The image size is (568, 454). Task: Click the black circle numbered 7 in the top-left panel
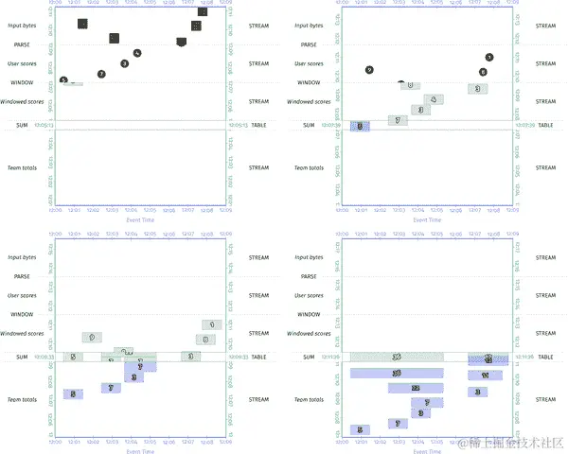(x=101, y=74)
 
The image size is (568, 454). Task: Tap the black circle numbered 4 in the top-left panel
(x=137, y=53)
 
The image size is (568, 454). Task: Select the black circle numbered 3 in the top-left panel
(x=125, y=63)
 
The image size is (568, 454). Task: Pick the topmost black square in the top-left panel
(x=203, y=11)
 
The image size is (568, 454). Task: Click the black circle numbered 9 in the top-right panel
(x=369, y=70)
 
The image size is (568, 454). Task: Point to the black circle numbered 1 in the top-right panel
(x=488, y=58)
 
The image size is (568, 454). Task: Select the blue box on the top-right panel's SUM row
(x=360, y=126)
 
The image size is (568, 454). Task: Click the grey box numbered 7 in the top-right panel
(x=398, y=120)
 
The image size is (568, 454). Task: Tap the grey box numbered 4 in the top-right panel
(x=432, y=98)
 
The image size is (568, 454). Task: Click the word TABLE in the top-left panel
(x=258, y=125)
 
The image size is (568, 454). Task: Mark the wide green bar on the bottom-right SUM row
(x=397, y=358)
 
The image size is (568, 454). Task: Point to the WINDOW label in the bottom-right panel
(x=312, y=313)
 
